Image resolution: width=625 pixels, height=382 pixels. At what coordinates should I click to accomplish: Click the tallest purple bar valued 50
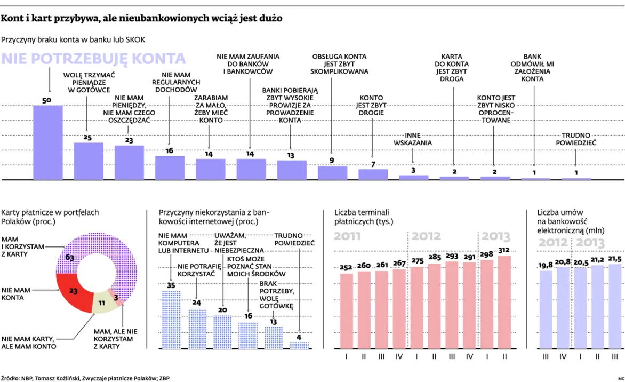tap(48, 142)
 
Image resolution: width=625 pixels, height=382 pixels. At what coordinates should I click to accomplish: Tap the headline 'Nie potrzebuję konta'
tap(94, 59)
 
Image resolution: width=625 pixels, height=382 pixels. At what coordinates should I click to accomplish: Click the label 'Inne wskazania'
tap(412, 139)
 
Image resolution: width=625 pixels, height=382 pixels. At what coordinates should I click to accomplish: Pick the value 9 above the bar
tap(332, 160)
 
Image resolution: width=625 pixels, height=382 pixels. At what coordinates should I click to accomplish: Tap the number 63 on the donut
tap(69, 258)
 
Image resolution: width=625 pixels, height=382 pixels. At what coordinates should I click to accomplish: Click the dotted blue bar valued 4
tap(299, 345)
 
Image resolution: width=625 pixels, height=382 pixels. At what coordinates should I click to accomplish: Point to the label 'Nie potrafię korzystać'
tap(197, 270)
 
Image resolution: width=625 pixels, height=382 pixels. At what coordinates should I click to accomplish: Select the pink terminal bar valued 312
tap(504, 302)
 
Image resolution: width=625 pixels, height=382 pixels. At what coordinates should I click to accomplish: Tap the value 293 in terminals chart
tap(451, 256)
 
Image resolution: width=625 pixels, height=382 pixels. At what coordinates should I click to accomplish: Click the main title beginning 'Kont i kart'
tap(142, 19)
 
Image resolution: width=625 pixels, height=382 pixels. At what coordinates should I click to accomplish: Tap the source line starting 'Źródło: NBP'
tap(86, 377)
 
